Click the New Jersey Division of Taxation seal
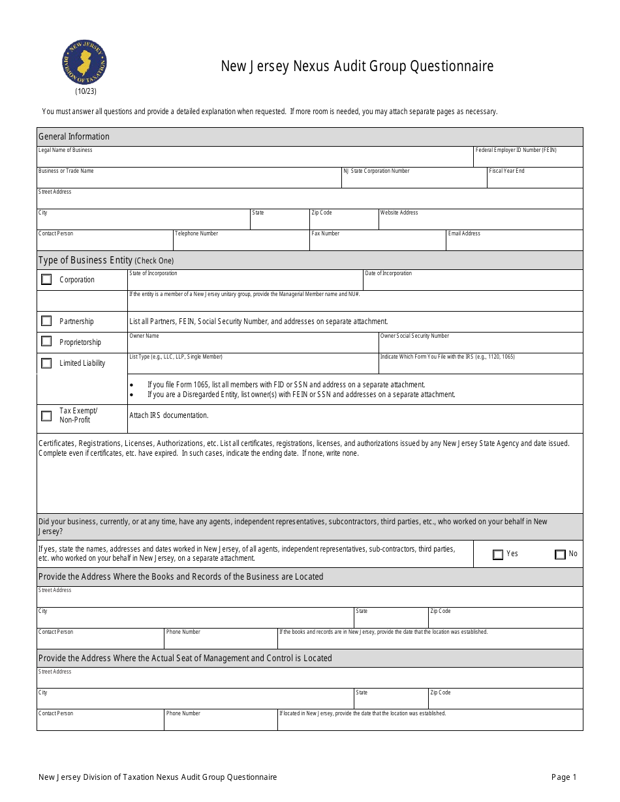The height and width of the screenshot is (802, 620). tap(84, 63)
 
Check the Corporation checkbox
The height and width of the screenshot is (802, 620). tap(46, 280)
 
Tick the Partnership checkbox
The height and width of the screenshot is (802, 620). tap(46, 321)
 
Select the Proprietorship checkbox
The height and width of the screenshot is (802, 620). tap(46, 341)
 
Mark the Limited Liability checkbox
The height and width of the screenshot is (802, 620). tap(46, 363)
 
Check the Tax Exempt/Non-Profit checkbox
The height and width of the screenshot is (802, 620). tap(46, 415)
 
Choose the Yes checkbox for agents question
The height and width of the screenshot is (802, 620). tap(498, 554)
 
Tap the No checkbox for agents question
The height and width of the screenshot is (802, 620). tap(560, 554)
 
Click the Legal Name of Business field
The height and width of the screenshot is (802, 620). tap(255, 159)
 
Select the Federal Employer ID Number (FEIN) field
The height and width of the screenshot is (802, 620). tap(528, 159)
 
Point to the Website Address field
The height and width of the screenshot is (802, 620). tap(480, 222)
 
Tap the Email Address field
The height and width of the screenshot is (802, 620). tap(514, 243)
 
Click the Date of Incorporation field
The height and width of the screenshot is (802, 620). tap(473, 282)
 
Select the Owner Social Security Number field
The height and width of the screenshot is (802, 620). tap(480, 345)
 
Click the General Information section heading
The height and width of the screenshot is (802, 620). tap(74, 136)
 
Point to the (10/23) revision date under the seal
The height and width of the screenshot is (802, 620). tap(85, 91)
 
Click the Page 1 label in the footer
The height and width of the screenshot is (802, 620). tap(564, 777)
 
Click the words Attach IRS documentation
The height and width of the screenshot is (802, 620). tap(169, 415)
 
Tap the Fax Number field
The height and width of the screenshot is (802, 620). tap(377, 243)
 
